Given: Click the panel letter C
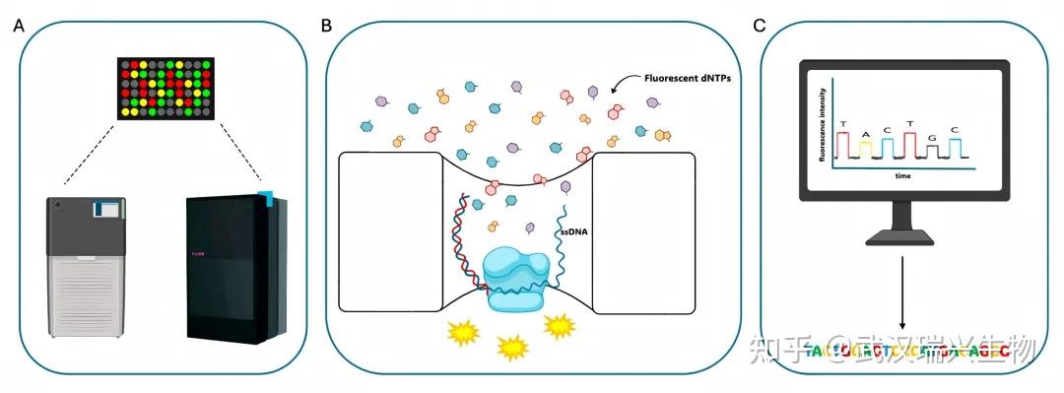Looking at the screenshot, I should [760, 25].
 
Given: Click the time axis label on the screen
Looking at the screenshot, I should [901, 175].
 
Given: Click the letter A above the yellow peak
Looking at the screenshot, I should [865, 133].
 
